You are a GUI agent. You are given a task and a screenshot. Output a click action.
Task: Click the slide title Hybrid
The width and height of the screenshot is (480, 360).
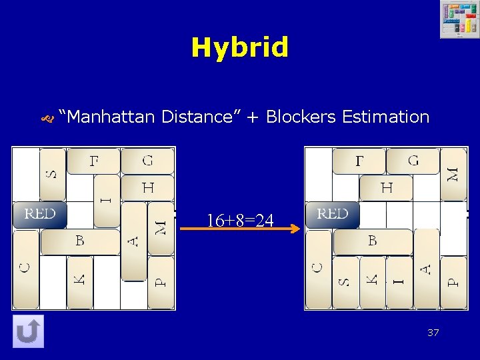(x=240, y=48)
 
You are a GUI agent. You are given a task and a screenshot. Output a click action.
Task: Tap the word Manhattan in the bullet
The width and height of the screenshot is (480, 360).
(x=109, y=117)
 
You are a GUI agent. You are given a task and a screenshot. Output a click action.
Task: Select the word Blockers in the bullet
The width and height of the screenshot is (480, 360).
(x=301, y=117)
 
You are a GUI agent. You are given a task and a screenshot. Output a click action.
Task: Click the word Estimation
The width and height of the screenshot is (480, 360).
(x=385, y=117)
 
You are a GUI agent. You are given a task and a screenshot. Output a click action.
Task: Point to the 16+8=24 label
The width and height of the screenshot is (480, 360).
(x=240, y=220)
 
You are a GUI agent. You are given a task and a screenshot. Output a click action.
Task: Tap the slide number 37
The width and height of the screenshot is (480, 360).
(x=433, y=333)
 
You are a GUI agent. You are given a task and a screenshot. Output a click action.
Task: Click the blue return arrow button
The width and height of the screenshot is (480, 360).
(x=29, y=331)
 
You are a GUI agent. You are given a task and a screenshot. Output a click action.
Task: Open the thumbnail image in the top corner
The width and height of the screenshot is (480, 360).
(x=459, y=20)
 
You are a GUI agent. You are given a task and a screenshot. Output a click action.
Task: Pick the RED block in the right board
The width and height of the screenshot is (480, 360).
(x=332, y=215)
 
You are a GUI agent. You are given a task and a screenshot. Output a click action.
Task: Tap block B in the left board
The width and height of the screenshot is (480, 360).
(x=80, y=241)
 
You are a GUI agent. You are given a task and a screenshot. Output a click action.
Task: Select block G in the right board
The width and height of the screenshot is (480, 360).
(x=413, y=161)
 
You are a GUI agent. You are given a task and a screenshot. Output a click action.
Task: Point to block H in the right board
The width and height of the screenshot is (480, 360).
(x=387, y=187)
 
